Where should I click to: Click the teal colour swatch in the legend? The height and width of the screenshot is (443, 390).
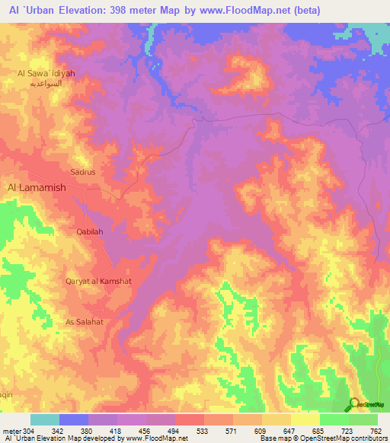[x=45, y=419]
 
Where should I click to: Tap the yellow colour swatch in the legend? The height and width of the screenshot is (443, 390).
[x=305, y=419]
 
